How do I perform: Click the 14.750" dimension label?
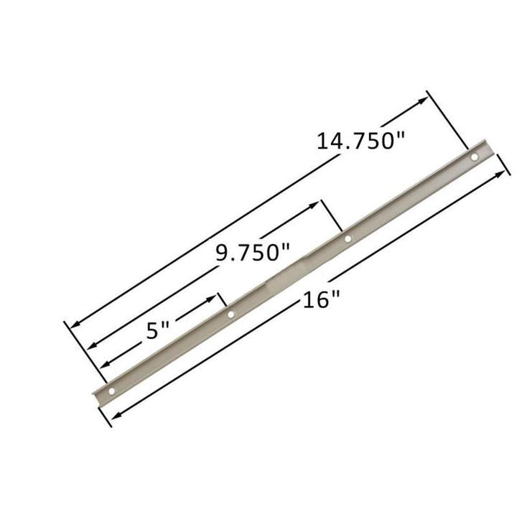click(357, 139)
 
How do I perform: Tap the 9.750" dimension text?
click(253, 252)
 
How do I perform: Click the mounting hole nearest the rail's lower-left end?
click(111, 391)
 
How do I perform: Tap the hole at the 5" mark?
click(230, 314)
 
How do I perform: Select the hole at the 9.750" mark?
click(348, 238)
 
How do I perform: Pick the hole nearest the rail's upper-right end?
click(474, 157)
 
